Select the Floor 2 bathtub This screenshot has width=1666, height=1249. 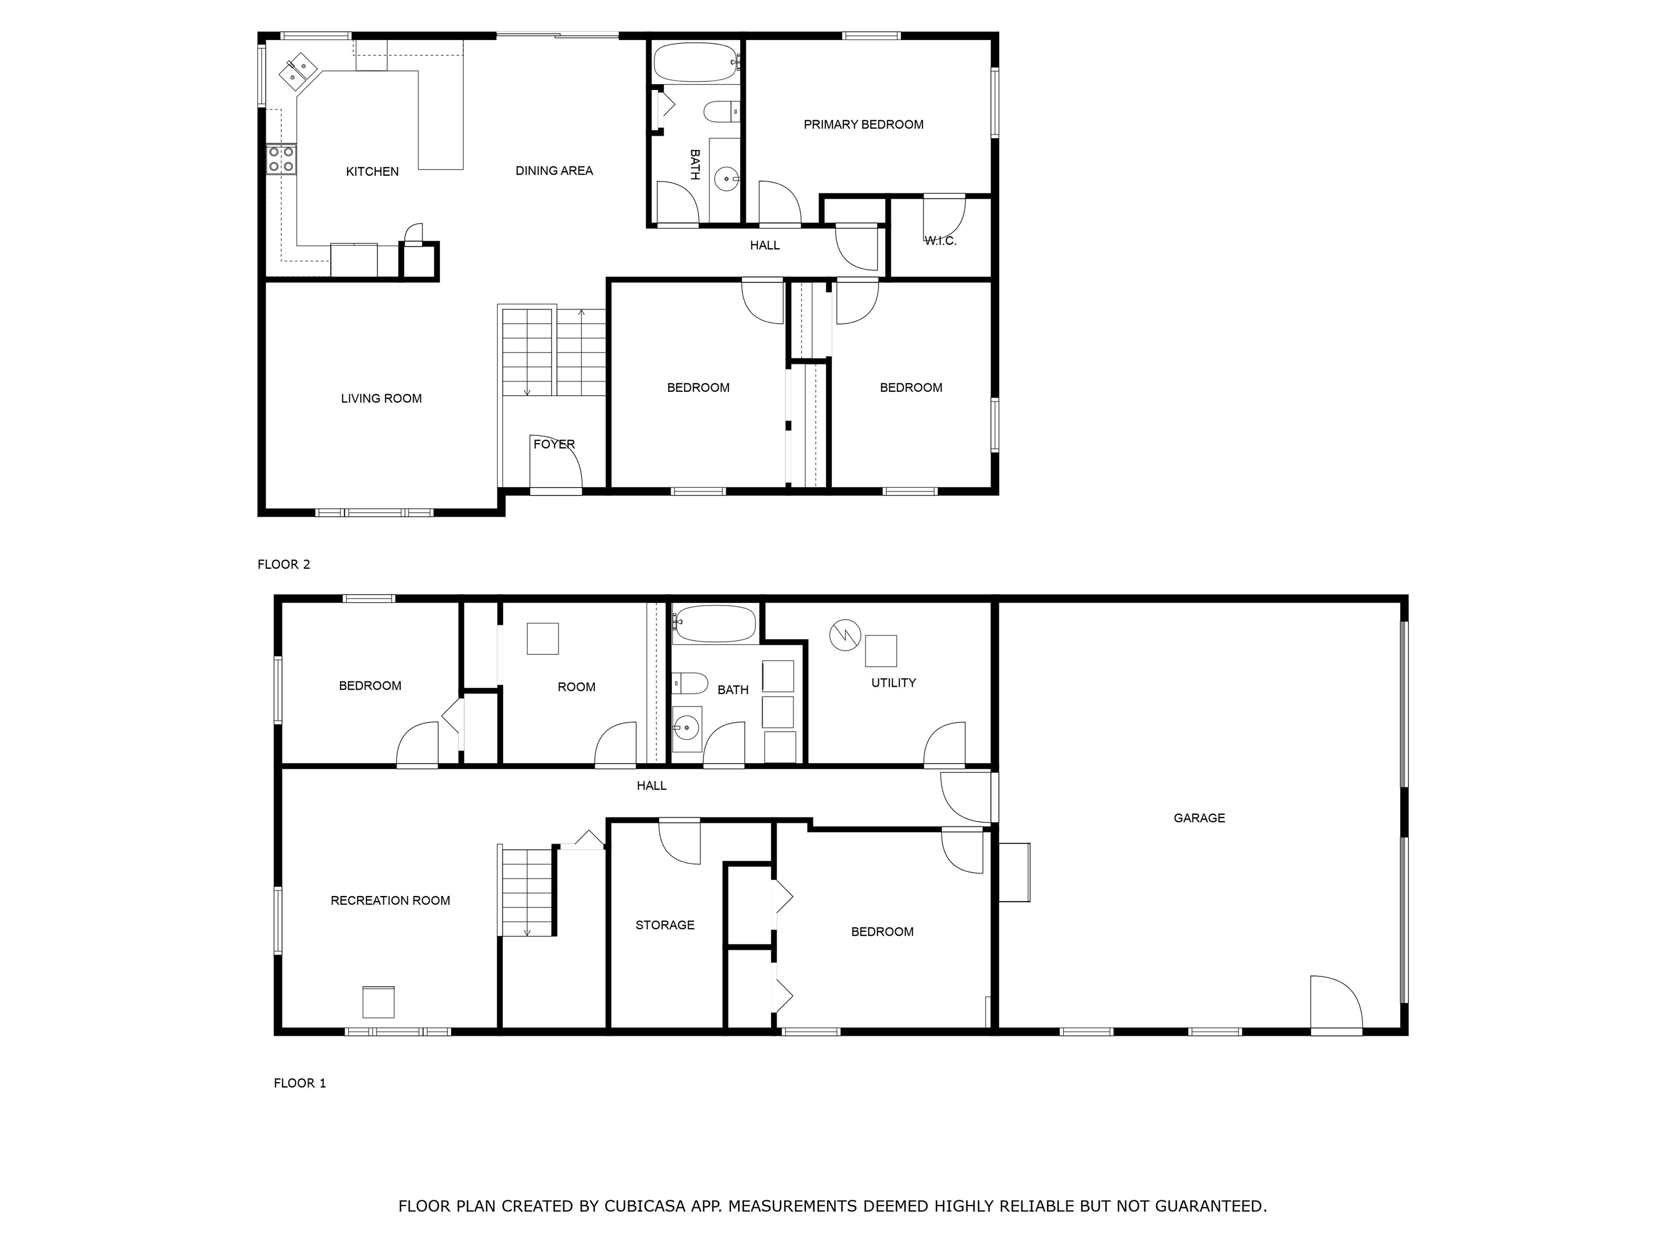coord(695,62)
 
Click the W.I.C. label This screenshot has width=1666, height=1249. coord(941,241)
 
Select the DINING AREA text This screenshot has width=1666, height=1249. coord(554,171)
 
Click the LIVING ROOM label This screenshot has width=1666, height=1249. coord(381,399)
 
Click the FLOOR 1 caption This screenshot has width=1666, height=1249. coord(300,1083)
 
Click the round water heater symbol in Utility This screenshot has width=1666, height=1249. coord(845,635)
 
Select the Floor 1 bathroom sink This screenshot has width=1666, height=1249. coord(686,727)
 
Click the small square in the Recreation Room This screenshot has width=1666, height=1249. coord(379,1002)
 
